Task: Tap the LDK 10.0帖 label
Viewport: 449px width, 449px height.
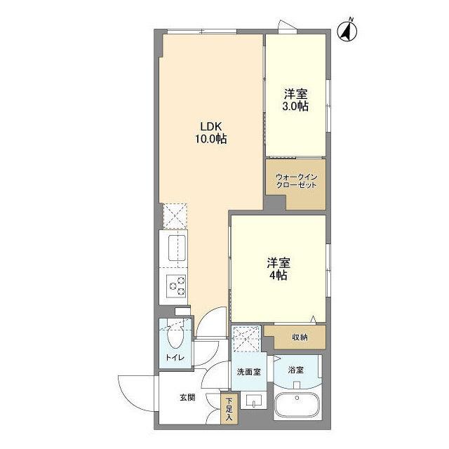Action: [x=211, y=133]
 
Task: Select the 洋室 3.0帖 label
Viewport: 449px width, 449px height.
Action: [x=296, y=100]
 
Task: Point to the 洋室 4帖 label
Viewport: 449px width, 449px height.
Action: [x=279, y=269]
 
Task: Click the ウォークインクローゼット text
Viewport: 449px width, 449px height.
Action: [x=296, y=180]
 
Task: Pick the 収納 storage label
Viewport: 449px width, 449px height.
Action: [x=300, y=337]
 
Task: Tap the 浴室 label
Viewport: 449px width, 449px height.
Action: [x=295, y=368]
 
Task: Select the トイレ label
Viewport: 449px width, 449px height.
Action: [x=175, y=358]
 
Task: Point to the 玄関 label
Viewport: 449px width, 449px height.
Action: [x=187, y=398]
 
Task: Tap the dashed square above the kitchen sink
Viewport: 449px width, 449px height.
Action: [x=174, y=215]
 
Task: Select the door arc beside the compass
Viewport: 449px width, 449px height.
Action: [x=286, y=26]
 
